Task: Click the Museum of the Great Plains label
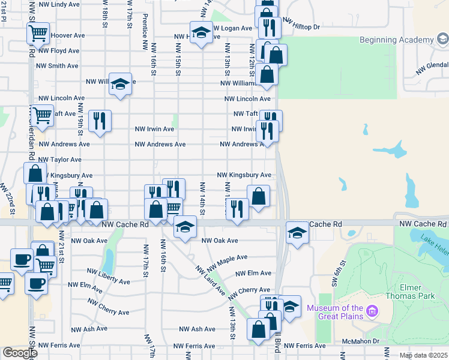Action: point(336,312)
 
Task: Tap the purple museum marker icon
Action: point(372,311)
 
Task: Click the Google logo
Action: point(20,353)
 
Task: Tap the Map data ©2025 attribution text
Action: point(423,355)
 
